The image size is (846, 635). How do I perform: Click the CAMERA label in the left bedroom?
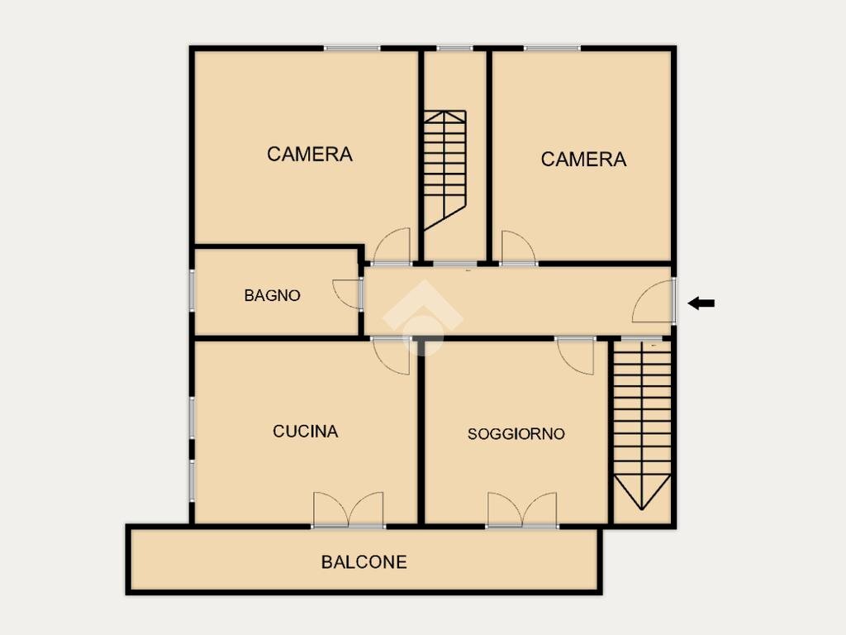click(310, 155)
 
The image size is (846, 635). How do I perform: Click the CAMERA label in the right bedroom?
click(584, 160)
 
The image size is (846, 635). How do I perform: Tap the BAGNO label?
click(272, 295)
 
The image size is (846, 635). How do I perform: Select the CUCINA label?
click(306, 432)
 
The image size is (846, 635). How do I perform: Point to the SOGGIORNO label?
click(516, 433)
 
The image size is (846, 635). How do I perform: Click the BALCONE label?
click(364, 562)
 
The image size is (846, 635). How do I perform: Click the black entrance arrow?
click(701, 303)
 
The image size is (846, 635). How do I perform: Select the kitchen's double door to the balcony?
click(349, 509)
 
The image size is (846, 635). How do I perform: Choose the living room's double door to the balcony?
click(522, 509)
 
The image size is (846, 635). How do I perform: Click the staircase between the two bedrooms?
click(444, 170)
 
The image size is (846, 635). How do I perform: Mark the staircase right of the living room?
click(642, 425)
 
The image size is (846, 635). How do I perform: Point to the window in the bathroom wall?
click(192, 290)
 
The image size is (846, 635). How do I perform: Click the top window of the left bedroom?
click(352, 49)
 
